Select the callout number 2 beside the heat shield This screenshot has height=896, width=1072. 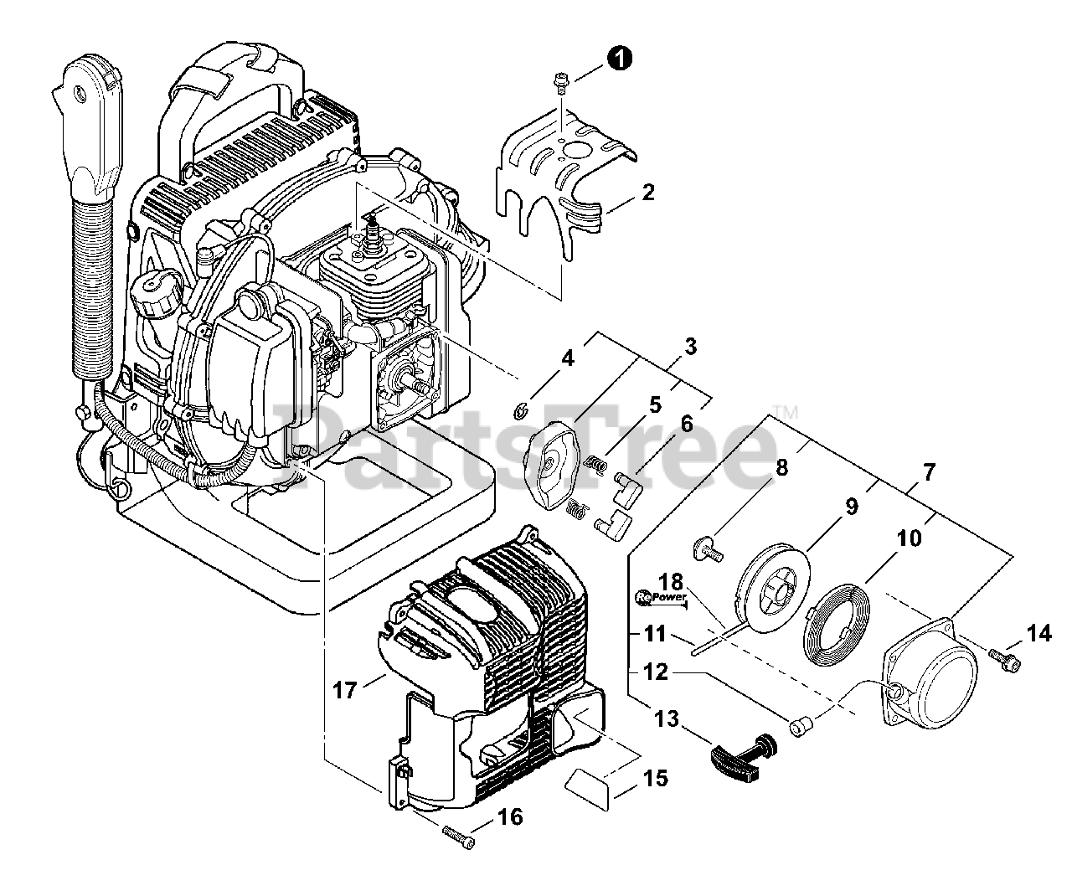647,192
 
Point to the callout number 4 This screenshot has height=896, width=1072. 568,358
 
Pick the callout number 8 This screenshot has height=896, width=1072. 781,467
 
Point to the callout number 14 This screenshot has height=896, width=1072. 1039,634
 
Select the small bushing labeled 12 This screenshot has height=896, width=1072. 800,725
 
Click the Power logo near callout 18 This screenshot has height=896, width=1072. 661,597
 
